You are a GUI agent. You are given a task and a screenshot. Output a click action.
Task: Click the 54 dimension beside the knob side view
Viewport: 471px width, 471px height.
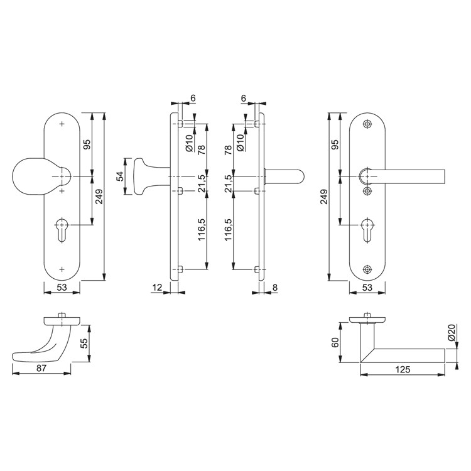click(x=120, y=176)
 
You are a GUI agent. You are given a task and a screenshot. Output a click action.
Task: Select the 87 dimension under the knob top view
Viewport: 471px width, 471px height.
click(x=41, y=368)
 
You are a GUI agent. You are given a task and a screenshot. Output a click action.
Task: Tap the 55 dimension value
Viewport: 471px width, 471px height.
click(x=84, y=344)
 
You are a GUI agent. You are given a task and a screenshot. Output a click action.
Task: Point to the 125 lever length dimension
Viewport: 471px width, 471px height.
click(x=403, y=369)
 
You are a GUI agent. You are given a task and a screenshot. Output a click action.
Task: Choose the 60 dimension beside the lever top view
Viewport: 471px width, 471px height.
click(x=335, y=342)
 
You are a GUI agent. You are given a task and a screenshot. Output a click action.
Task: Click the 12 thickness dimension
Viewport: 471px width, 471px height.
click(x=157, y=288)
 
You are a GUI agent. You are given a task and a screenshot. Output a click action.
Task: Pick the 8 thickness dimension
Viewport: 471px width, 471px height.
click(x=275, y=288)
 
